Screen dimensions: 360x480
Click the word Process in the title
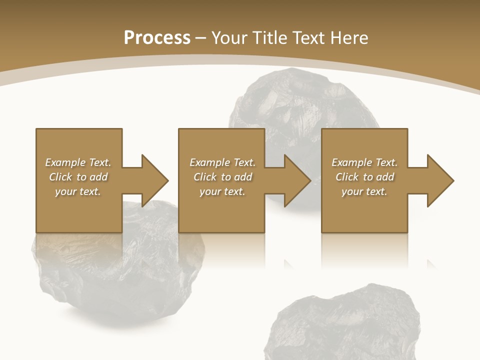coord(157,38)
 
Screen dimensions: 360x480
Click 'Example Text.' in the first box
coord(78,162)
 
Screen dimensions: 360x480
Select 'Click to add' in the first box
coord(78,177)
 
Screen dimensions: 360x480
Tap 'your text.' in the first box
coord(78,191)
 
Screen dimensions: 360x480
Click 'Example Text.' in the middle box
coord(222,162)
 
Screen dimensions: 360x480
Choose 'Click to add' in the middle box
coord(222,177)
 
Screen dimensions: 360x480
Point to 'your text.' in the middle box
coord(222,191)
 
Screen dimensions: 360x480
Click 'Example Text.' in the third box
coord(364,162)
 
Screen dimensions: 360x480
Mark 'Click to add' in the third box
coord(364,177)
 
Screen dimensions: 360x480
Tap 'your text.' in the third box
coord(364,191)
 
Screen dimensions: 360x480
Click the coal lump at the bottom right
coord(340,325)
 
